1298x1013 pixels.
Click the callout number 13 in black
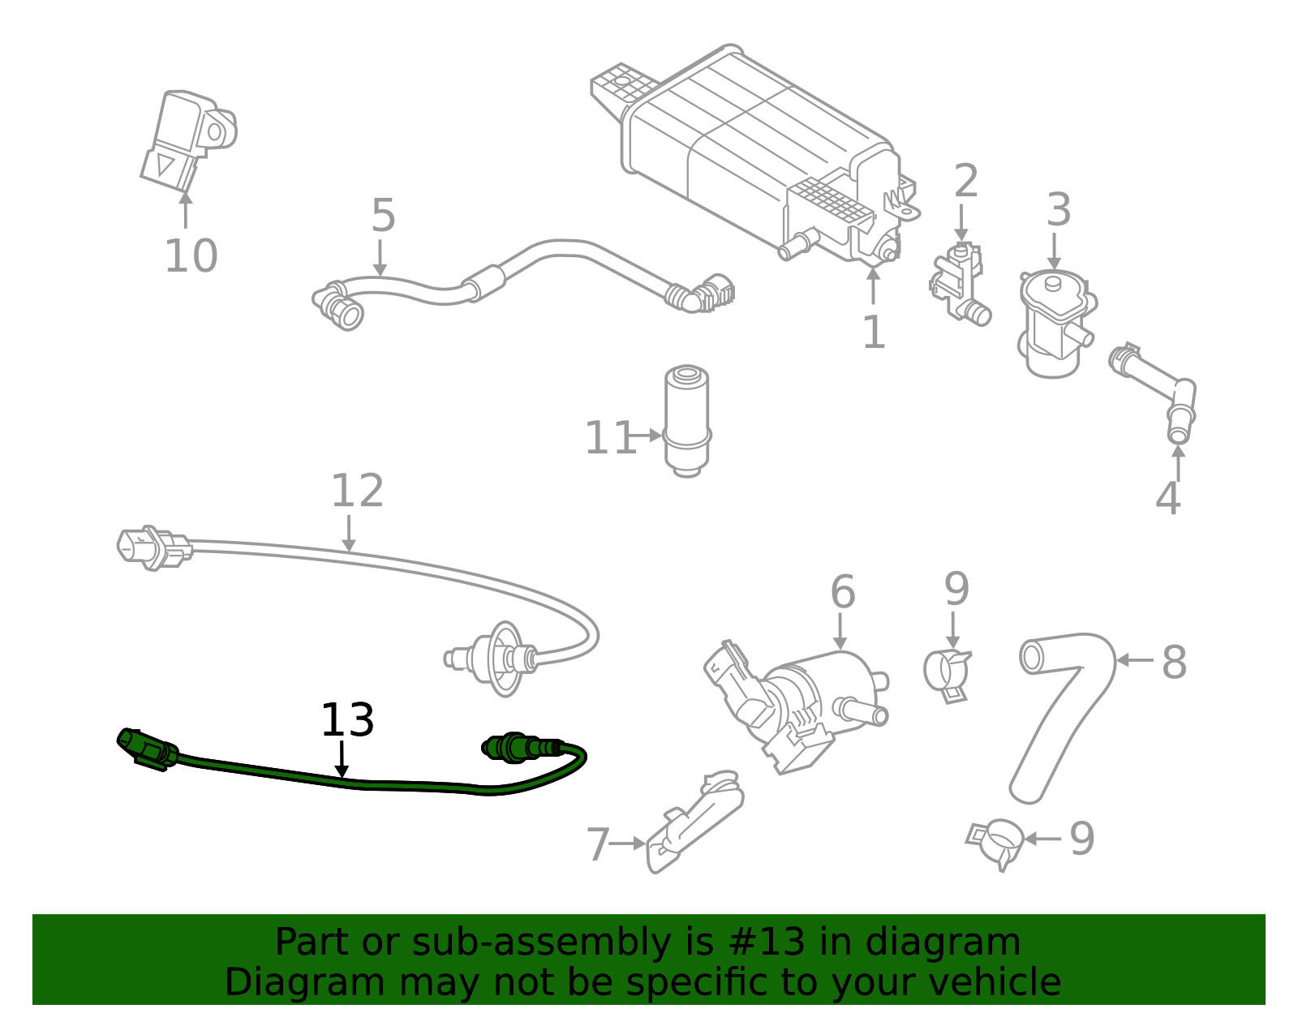click(x=347, y=720)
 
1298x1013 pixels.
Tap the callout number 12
click(x=357, y=491)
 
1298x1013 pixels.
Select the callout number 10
click(x=191, y=256)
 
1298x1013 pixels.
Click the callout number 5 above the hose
click(x=383, y=216)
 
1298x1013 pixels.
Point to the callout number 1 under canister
click(x=874, y=333)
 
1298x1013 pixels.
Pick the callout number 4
click(x=1167, y=499)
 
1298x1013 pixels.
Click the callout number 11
click(x=609, y=439)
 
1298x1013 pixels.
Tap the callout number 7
click(x=598, y=845)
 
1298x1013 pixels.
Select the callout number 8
click(x=1174, y=663)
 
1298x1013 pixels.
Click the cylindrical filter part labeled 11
click(x=686, y=419)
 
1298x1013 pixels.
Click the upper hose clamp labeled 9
click(x=948, y=673)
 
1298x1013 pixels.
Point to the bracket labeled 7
click(x=694, y=823)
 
